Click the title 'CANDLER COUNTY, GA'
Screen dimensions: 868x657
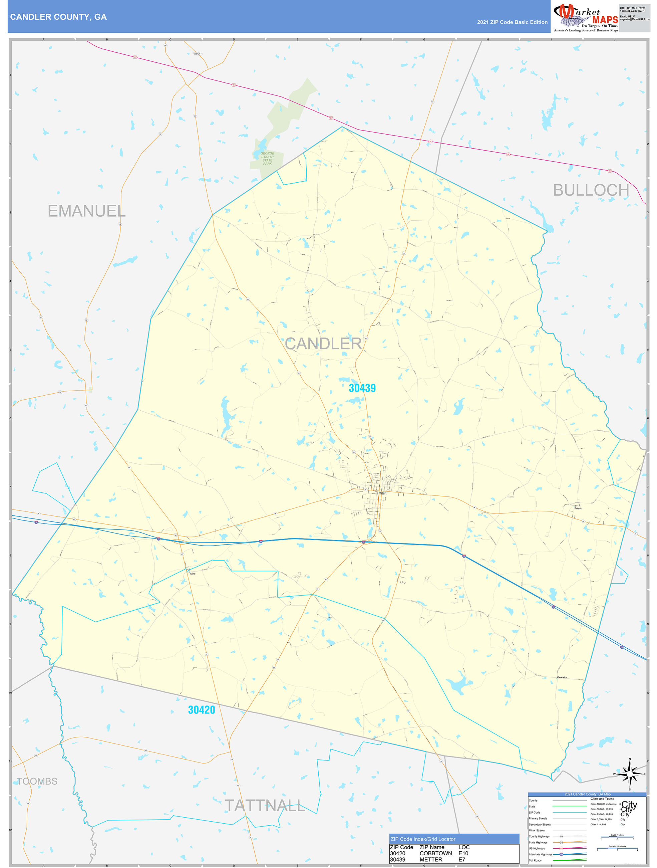coord(58,17)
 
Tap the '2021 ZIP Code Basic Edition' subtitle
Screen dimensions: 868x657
coord(512,22)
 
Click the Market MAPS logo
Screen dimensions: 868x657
coord(585,18)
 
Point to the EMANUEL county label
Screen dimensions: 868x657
coord(86,211)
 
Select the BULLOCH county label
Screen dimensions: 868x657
coord(591,190)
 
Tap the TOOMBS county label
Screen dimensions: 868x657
coord(37,781)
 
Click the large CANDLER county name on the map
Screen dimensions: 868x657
coord(323,344)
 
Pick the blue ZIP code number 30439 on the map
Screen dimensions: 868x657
coord(362,388)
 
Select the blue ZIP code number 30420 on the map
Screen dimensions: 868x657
coord(201,710)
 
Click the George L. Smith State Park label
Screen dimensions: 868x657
coord(268,159)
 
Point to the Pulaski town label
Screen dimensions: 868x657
coord(578,508)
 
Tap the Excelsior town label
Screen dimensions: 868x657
coord(562,677)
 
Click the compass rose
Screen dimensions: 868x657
coord(630,774)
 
